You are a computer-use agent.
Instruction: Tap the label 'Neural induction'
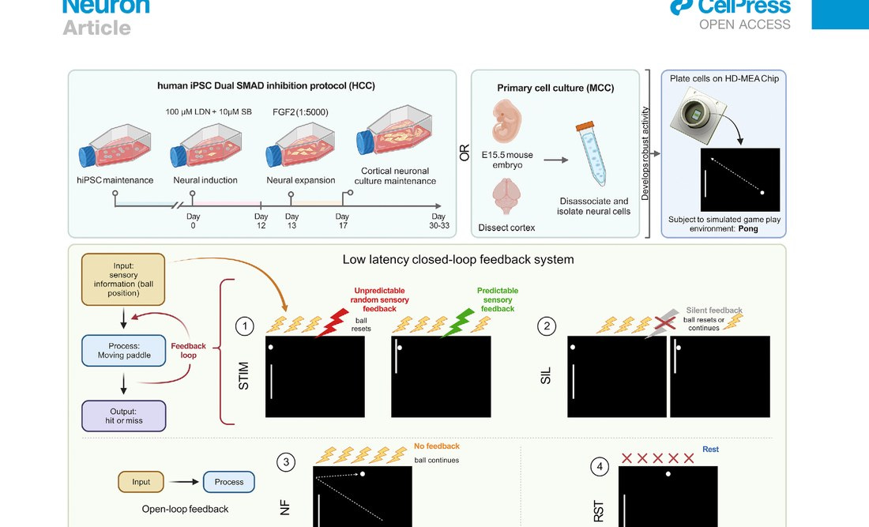pyautogui.click(x=205, y=180)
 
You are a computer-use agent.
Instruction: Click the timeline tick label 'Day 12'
pyautogui.click(x=261, y=221)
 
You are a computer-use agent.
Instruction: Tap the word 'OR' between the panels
pyautogui.click(x=465, y=152)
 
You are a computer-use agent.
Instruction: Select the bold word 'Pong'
pyautogui.click(x=747, y=229)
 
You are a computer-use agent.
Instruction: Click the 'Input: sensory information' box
pyautogui.click(x=123, y=279)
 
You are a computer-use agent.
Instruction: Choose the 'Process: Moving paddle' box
pyautogui.click(x=123, y=350)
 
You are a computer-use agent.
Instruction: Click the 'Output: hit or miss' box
pyautogui.click(x=123, y=416)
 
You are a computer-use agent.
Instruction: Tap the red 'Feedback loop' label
pyautogui.click(x=189, y=351)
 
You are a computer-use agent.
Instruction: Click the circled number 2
pyautogui.click(x=545, y=325)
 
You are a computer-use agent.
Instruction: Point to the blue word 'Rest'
pyautogui.click(x=710, y=450)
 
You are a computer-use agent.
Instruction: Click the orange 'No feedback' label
pyautogui.click(x=436, y=446)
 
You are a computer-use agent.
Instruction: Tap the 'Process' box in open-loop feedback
pyautogui.click(x=229, y=482)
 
